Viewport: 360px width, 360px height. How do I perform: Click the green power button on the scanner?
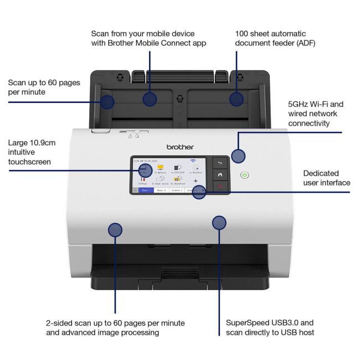click(245, 175)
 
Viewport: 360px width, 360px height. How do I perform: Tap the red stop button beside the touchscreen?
click(220, 187)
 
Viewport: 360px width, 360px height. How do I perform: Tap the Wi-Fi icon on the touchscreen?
click(193, 161)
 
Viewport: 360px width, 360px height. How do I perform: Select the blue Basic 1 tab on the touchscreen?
click(147, 190)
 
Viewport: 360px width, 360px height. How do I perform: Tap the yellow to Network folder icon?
click(160, 167)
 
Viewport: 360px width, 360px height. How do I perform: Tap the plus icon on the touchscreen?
click(196, 181)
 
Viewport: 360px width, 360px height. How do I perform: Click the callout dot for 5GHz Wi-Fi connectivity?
click(238, 156)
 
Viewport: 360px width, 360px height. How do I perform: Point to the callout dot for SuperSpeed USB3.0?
click(219, 223)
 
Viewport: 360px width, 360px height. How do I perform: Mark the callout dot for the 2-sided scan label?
click(115, 229)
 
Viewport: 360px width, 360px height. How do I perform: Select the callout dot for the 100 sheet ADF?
click(236, 99)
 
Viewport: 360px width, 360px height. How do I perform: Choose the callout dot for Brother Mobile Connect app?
click(150, 99)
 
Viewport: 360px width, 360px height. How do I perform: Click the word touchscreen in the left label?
click(29, 162)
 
